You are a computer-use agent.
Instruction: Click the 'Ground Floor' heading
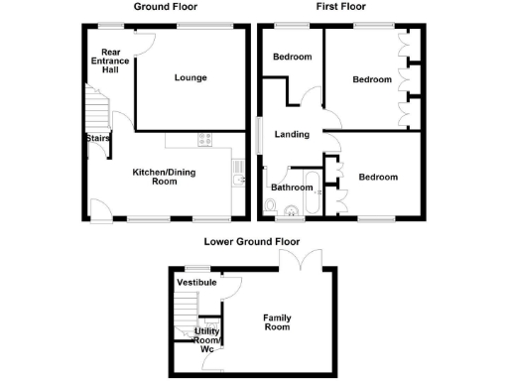[x=166, y=7]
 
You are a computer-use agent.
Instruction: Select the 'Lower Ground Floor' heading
[x=252, y=241]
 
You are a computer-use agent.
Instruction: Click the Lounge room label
[x=190, y=77]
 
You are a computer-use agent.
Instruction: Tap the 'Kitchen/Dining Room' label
[x=162, y=176]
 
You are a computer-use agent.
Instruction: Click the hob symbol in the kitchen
[x=205, y=140]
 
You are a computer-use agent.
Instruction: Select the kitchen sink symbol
[x=238, y=177]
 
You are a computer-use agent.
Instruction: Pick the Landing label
[x=291, y=135]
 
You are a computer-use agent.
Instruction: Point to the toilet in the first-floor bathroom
[x=271, y=206]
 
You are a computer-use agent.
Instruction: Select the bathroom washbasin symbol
[x=291, y=209]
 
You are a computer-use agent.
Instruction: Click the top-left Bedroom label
[x=293, y=58]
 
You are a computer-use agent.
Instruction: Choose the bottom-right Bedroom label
[x=378, y=178]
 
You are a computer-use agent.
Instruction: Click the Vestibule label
[x=196, y=283]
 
